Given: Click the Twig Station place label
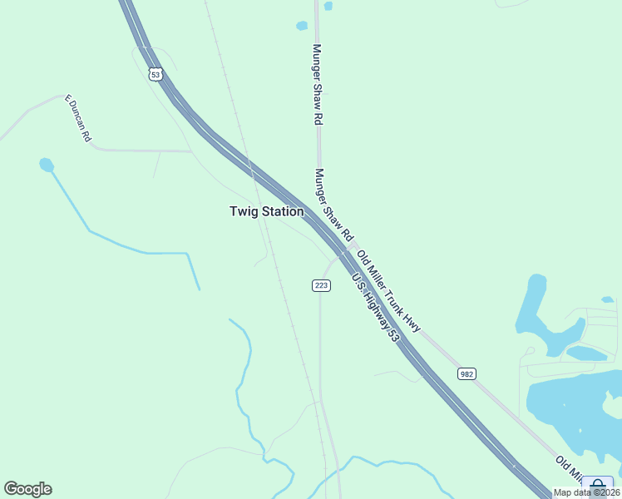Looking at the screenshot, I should (266, 211).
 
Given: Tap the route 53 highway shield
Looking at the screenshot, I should (155, 75).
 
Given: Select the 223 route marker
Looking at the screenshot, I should (322, 285).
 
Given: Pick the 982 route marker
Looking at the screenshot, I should (466, 374).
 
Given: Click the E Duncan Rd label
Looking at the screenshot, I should (77, 118).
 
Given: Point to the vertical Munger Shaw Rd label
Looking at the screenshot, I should (317, 85).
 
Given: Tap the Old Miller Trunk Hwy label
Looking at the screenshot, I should (388, 290).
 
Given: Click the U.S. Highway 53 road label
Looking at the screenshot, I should (376, 308).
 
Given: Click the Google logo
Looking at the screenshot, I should (27, 489).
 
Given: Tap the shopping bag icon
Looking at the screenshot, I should (597, 485).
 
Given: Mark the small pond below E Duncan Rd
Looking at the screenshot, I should (47, 165).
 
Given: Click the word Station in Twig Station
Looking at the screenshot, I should (283, 211).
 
